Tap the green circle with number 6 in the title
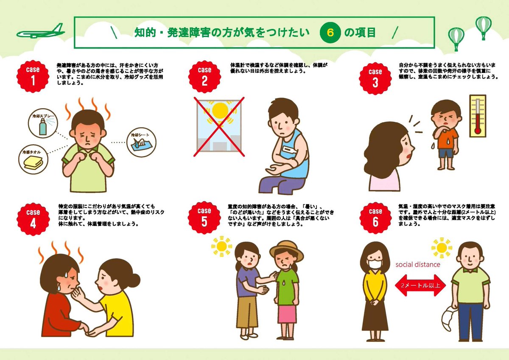[x=330, y=33]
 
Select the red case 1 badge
[x=33, y=76]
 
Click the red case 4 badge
[x=33, y=219]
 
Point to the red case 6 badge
[x=375, y=218]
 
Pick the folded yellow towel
[x=33, y=163]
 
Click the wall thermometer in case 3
[x=478, y=116]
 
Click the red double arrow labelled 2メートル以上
[x=420, y=285]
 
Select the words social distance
[x=418, y=264]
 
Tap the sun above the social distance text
[x=442, y=248]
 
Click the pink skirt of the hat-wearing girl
[x=287, y=314]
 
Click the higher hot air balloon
[x=483, y=27]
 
